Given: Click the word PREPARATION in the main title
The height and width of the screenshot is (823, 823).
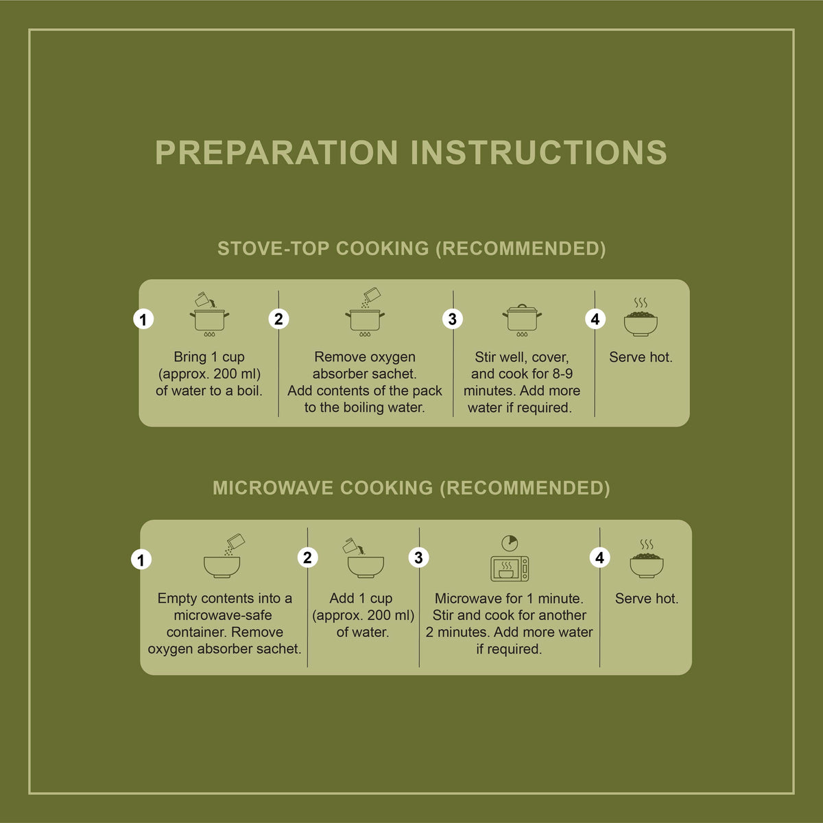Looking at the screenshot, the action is coord(276,152).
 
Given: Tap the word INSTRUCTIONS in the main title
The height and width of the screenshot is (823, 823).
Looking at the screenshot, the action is coord(538,152).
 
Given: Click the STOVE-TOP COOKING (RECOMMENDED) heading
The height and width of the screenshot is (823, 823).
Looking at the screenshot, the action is coord(411,248).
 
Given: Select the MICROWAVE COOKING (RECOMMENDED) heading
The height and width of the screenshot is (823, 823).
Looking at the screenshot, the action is coord(411,488).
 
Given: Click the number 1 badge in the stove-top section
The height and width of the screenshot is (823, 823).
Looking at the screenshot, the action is coord(143,319).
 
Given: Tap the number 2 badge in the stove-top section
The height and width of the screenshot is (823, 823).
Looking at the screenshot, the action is coord(278,319).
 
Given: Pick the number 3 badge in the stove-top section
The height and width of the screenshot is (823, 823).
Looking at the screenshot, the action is coord(452,319).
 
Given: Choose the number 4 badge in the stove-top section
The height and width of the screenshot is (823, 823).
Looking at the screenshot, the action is coord(595,319).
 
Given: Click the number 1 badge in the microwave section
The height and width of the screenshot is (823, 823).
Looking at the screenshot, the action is coord(141,560).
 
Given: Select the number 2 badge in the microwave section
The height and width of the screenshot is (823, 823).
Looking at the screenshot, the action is coord(307,558).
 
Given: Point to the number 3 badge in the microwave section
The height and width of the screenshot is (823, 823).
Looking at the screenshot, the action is coord(418,558).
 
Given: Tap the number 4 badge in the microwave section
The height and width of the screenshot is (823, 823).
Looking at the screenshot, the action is coord(599,558).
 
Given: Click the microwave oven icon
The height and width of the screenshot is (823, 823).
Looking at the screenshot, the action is coord(510,569).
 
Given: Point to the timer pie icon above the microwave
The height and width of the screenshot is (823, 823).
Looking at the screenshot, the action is coord(510,543).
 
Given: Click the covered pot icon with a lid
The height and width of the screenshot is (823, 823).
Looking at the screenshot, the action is coord(522,320).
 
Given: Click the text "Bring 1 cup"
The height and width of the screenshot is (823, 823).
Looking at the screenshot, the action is coord(209,357).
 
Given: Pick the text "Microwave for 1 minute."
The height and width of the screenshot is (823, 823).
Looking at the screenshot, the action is coord(509,598).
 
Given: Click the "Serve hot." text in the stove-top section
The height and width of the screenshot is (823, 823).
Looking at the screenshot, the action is coord(641,357).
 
